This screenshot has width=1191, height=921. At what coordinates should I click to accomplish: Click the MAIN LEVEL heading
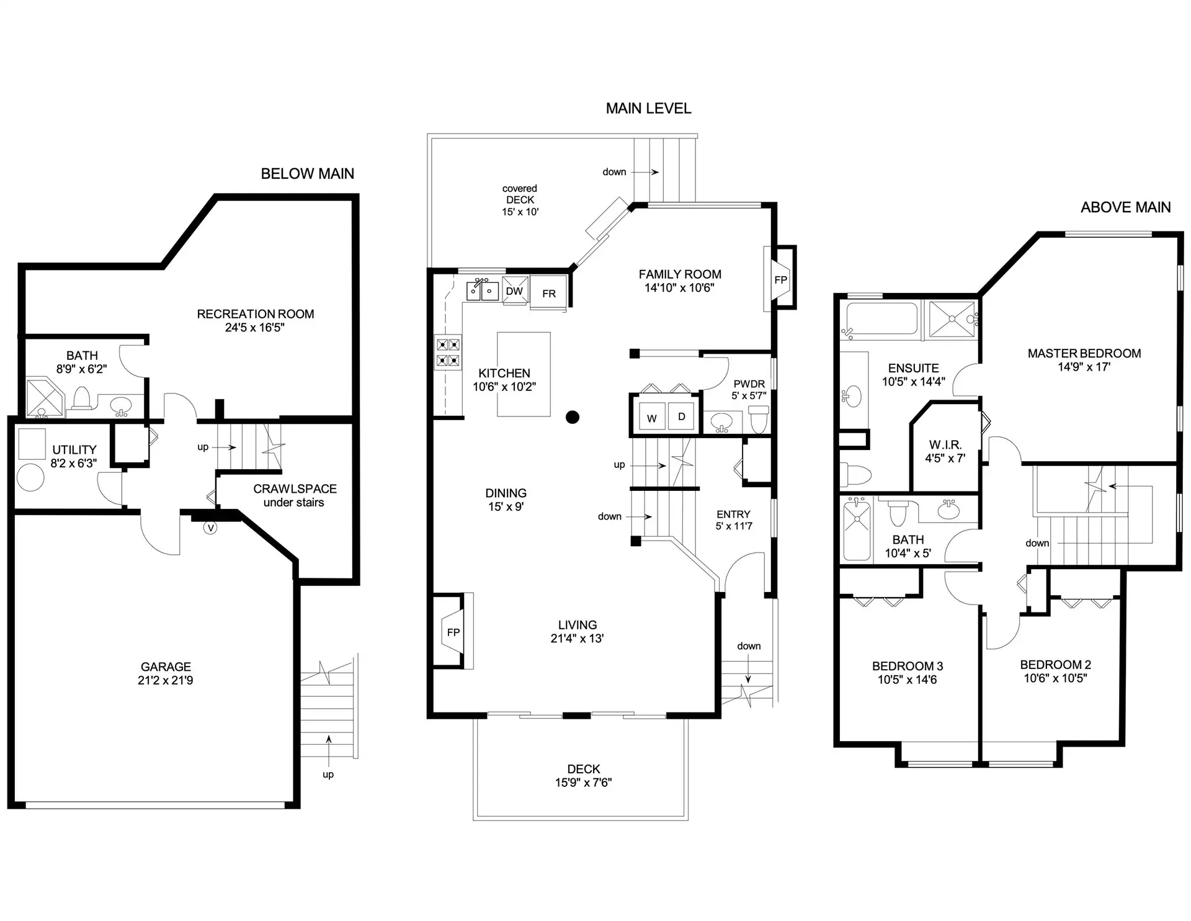click(x=648, y=109)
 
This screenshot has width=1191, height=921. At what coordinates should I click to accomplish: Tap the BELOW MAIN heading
click(x=307, y=174)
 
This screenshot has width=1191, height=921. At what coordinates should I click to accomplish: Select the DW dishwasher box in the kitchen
click(x=514, y=291)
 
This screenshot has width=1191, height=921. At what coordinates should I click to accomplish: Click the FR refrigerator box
click(x=549, y=294)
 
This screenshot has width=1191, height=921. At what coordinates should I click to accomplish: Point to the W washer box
click(x=651, y=418)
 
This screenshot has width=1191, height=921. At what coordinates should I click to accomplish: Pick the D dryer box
click(x=681, y=416)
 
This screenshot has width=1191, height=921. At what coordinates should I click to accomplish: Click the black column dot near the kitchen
click(x=573, y=417)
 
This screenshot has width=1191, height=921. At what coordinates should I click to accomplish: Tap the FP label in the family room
click(x=780, y=280)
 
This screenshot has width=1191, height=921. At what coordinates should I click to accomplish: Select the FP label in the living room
click(x=453, y=632)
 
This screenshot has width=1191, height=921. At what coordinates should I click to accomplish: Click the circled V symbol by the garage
click(x=210, y=528)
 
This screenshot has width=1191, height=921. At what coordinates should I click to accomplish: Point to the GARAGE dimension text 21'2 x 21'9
click(x=165, y=681)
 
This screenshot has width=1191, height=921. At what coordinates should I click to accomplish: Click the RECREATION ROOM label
click(x=255, y=314)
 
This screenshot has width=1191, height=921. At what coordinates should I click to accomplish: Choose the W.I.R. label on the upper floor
click(x=945, y=445)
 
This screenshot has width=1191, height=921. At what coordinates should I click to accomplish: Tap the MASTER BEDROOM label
click(x=1084, y=353)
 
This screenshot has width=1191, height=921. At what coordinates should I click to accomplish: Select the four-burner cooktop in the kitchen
click(x=448, y=352)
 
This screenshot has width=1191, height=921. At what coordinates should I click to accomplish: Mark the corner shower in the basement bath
click(x=43, y=399)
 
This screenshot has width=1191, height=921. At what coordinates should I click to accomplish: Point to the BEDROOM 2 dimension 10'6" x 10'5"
click(x=1055, y=678)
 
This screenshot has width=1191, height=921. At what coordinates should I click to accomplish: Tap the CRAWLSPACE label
click(x=295, y=489)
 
